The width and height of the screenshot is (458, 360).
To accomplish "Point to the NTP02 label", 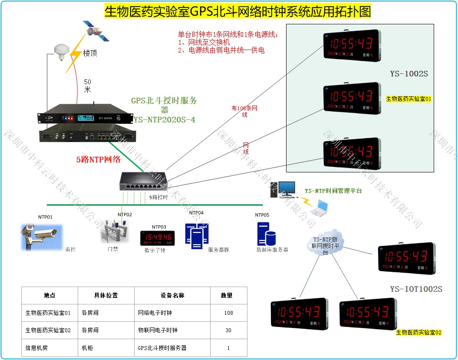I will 125,215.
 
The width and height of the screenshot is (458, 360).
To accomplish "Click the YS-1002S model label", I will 409,74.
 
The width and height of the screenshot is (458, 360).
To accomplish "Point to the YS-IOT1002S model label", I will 415,289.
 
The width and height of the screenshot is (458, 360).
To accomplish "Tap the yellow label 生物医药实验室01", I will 409,99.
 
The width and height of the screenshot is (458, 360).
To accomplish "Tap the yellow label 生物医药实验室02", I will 418,333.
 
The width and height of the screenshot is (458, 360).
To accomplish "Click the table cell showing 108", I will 228,313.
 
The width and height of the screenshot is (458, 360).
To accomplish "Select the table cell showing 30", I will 228,330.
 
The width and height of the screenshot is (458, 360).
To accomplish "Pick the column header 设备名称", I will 171,295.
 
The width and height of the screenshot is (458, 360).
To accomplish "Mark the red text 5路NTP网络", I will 98,159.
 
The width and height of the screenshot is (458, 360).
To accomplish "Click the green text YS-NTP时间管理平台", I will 333,191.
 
